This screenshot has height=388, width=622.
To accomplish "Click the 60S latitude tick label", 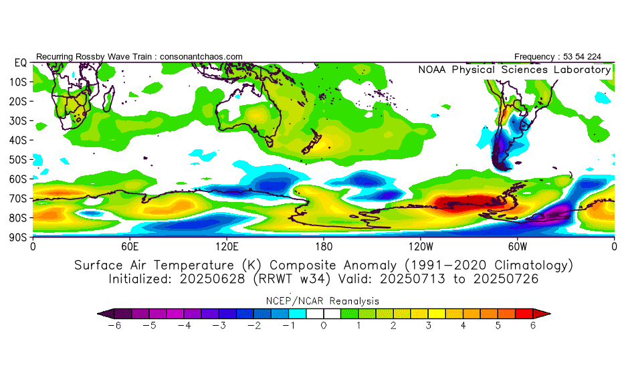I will tap(18, 179).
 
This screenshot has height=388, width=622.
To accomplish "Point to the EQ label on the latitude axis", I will tap(20, 62).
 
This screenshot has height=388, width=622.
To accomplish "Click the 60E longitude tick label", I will tap(130, 246).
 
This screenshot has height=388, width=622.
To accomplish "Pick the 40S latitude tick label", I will tap(18, 140).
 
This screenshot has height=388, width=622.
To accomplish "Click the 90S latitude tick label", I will tap(18, 237).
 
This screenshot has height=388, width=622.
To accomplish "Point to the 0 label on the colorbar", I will tap(323, 325).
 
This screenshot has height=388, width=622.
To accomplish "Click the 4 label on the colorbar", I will tap(463, 325).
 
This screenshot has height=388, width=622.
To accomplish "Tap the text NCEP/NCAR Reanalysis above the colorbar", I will tap(323, 300).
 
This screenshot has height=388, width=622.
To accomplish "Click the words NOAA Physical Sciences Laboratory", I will tap(514, 70).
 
